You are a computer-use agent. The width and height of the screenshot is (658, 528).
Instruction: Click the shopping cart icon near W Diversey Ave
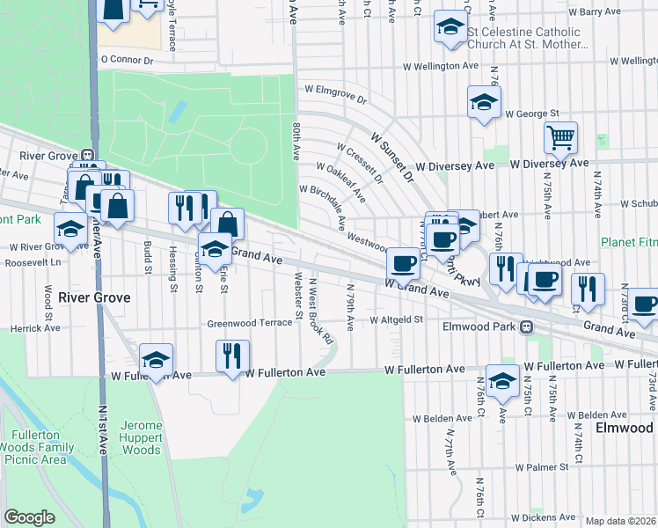pos(560,138)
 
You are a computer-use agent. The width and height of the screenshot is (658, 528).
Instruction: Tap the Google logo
pos(29,517)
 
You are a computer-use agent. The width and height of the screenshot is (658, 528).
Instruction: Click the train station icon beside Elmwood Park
pos(526,326)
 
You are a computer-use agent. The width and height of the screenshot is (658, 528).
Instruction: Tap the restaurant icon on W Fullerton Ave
pos(232,356)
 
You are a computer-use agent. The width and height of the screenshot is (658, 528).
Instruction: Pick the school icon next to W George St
pos(484,104)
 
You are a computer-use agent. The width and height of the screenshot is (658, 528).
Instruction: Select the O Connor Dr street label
pos(127,61)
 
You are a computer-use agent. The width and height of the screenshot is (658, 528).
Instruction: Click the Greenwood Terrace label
pos(249,323)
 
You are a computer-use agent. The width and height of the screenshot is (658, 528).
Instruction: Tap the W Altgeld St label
pos(397,320)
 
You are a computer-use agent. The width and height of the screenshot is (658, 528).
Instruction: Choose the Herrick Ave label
pos(36,327)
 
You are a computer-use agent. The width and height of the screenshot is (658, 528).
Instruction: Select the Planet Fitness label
pos(628,242)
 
